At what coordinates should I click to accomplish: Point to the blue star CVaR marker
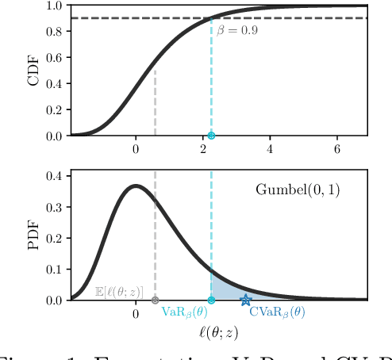click(x=246, y=300)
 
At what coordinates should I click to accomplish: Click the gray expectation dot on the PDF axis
click(x=155, y=300)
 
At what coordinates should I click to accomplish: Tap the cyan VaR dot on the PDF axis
click(x=211, y=300)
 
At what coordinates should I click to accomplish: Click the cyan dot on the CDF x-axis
click(x=211, y=136)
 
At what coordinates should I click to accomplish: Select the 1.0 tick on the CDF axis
click(x=54, y=6)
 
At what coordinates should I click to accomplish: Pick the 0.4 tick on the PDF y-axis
click(x=54, y=175)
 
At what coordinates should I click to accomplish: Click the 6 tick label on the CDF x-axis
click(x=337, y=150)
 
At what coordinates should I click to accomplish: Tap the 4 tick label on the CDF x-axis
click(x=270, y=150)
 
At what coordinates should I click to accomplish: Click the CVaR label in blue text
click(x=277, y=313)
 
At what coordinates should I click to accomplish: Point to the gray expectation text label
click(x=119, y=293)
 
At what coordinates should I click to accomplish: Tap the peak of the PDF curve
click(x=135, y=186)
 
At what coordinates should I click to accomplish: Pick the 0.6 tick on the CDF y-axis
click(x=54, y=57)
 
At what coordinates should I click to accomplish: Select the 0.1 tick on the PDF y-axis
click(x=54, y=269)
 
